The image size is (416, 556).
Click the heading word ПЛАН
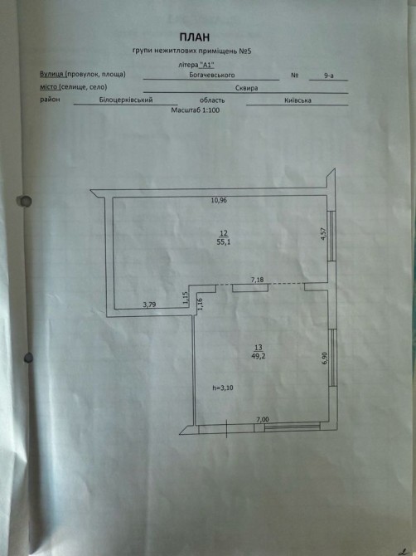click(195, 37)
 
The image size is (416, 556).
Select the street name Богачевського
click(211, 75)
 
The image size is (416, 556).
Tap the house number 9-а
click(328, 76)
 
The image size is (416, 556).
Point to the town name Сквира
click(246, 88)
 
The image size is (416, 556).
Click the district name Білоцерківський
click(126, 100)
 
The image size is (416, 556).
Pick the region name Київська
click(297, 100)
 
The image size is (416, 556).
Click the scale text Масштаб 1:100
click(195, 110)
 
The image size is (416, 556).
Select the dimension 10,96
click(219, 200)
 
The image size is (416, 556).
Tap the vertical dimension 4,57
click(323, 234)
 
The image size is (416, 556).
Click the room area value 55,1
click(224, 242)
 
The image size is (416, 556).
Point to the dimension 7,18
click(258, 280)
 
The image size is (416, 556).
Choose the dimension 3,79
click(149, 305)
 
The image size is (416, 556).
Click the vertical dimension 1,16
click(200, 304)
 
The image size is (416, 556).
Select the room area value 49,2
click(258, 356)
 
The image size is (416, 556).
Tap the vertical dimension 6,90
click(324, 358)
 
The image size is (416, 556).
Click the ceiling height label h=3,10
click(223, 388)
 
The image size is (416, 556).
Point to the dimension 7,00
click(263, 419)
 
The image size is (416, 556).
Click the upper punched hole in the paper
click(25, 201)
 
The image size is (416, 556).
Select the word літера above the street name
click(187, 65)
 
